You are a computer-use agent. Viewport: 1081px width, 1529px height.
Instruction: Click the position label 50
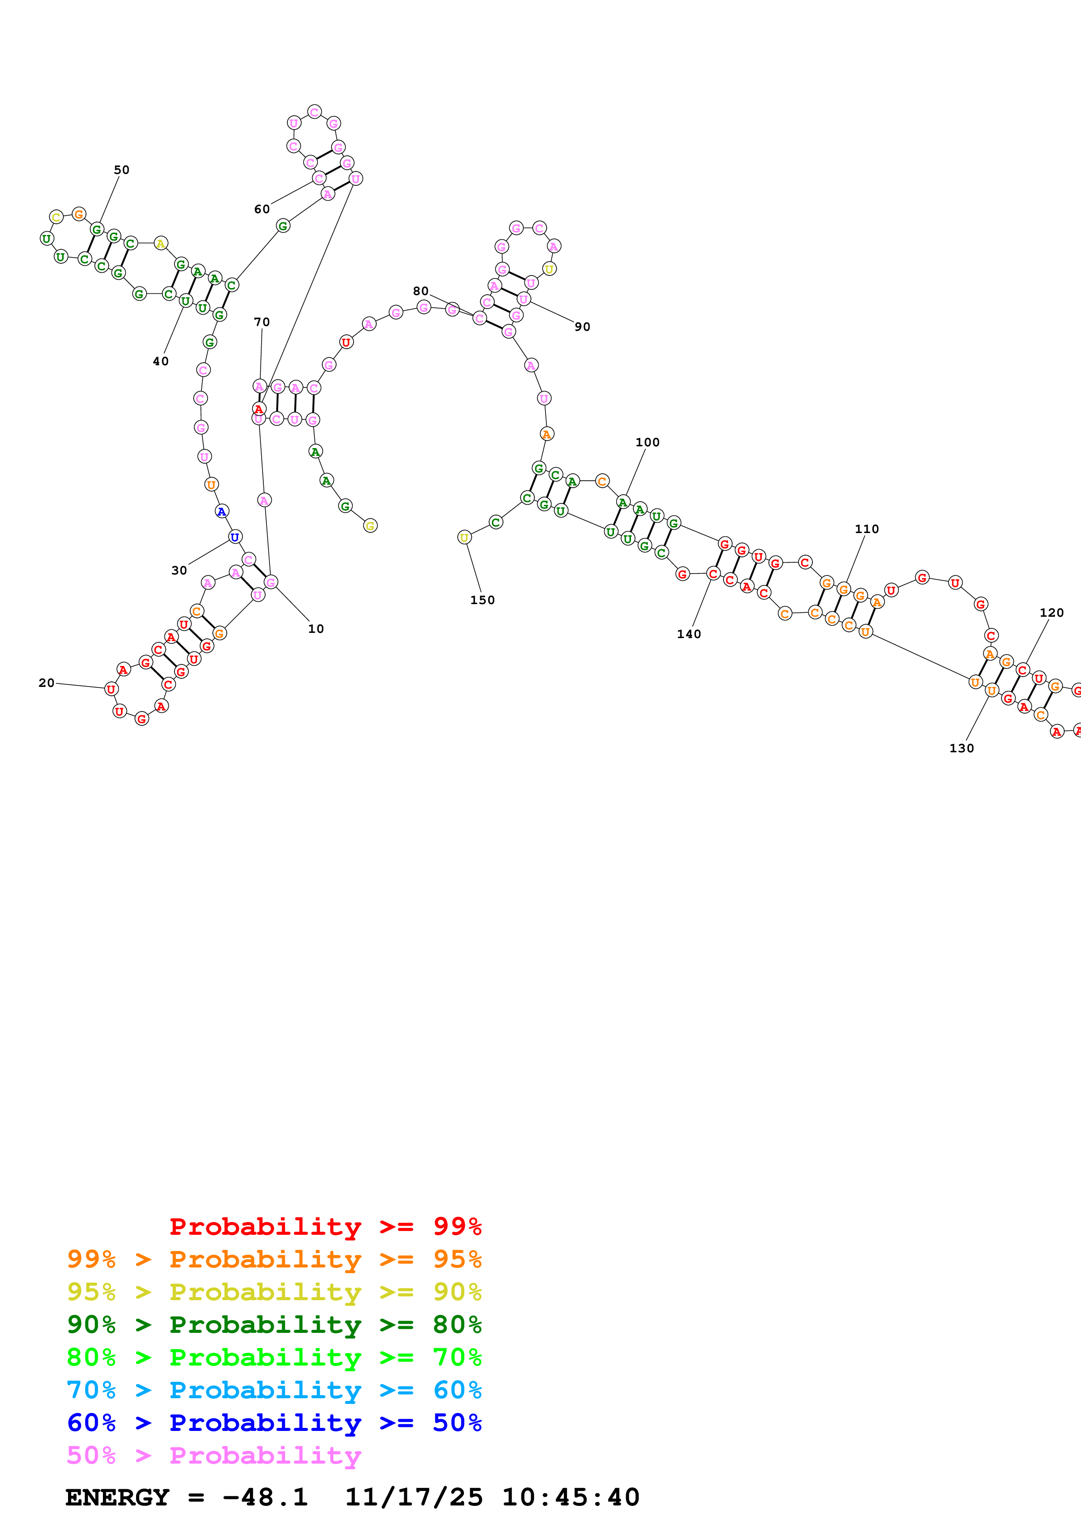(x=121, y=170)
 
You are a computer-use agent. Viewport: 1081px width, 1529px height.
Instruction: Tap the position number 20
(x=46, y=683)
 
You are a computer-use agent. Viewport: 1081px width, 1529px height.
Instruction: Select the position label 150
(x=482, y=600)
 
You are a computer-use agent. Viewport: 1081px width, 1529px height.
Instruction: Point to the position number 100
(x=647, y=442)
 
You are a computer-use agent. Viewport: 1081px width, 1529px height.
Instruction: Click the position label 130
(x=961, y=748)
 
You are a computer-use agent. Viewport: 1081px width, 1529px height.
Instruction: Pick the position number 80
(x=420, y=291)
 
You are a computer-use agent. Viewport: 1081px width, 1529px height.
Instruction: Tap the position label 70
(x=262, y=322)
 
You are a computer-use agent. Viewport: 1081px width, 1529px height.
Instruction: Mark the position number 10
(x=316, y=629)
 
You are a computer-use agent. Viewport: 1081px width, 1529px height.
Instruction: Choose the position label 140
(x=689, y=634)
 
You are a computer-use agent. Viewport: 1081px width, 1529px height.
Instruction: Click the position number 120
(x=1052, y=613)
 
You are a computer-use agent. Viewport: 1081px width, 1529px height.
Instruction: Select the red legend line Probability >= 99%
(x=325, y=1226)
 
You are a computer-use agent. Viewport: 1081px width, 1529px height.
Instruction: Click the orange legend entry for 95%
(x=274, y=1259)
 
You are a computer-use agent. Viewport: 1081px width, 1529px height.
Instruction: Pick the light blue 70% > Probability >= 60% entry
(x=274, y=1390)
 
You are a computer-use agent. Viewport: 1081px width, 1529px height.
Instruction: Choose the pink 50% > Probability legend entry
(x=214, y=1455)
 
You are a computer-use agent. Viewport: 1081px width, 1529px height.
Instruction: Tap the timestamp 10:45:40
(x=570, y=1497)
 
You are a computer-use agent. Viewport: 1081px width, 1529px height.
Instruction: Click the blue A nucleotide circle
(x=222, y=511)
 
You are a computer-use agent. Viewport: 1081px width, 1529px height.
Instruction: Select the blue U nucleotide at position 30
(x=235, y=537)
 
